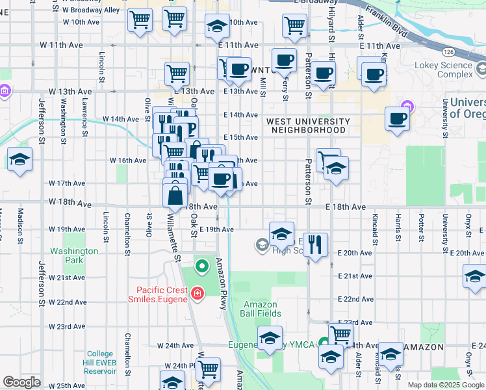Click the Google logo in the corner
click(22, 382)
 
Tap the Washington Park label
click(74, 255)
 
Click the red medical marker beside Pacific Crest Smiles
click(196, 294)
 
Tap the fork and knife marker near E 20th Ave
click(315, 244)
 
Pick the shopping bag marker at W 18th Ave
click(175, 194)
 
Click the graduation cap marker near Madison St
click(20, 159)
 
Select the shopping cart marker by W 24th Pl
click(209, 369)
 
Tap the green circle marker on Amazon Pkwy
click(202, 265)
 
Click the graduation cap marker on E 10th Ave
click(217, 25)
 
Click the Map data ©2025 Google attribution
click(445, 385)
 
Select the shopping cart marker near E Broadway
click(294, 25)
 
